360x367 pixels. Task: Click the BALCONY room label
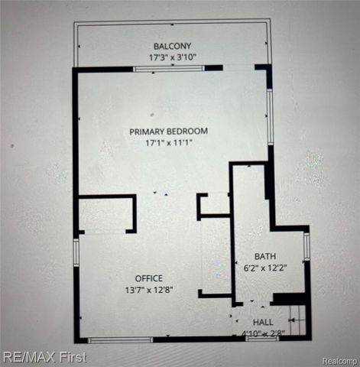(172, 46)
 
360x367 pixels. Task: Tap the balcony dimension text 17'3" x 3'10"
(172, 57)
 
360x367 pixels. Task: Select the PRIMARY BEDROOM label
(168, 131)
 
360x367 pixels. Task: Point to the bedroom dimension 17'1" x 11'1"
(168, 142)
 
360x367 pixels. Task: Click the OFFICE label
(148, 278)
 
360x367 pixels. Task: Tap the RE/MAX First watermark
(44, 357)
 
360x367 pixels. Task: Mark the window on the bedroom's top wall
(168, 69)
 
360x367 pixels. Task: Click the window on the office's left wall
(76, 252)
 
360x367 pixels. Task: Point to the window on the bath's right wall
(306, 247)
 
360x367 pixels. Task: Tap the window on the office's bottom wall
(119, 339)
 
